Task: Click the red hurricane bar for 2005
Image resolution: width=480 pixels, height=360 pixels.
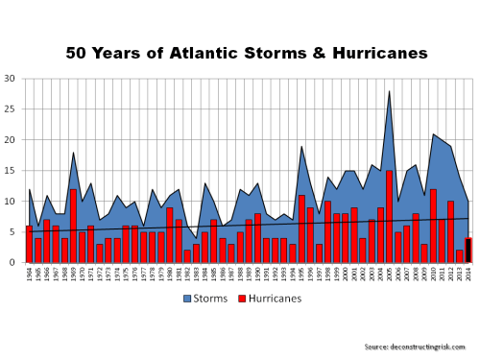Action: [389, 217]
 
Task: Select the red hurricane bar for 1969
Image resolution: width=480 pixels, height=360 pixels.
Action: [73, 226]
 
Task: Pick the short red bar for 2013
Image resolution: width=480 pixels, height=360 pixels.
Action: [460, 256]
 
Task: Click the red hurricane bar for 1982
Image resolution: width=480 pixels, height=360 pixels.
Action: [187, 256]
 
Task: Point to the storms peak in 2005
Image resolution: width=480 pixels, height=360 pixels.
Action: [389, 91]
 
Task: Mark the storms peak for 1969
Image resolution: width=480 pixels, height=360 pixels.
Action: [73, 153]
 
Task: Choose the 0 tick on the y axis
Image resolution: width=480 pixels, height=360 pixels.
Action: [12, 263]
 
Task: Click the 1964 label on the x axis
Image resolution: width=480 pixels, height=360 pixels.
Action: [29, 276]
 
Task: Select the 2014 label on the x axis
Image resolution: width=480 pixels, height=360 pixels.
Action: [468, 276]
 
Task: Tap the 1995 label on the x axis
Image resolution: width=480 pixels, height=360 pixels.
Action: [301, 276]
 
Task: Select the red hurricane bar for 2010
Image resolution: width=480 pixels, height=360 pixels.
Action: [433, 226]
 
